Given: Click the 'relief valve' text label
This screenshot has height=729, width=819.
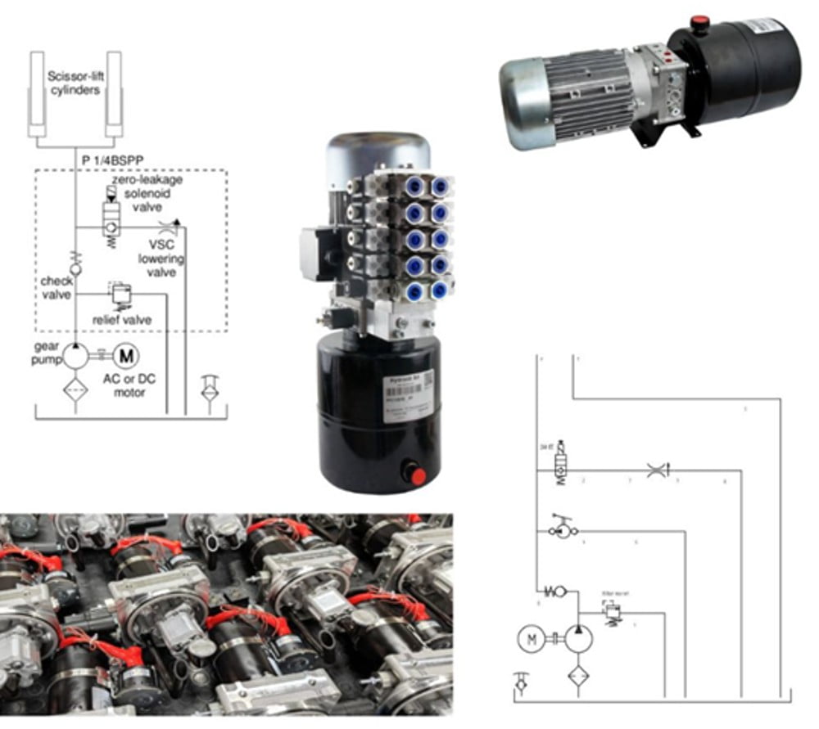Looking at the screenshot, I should (122, 320).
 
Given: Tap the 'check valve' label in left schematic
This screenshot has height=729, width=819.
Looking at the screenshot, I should (57, 288).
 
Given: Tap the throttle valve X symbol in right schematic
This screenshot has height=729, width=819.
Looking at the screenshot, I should (656, 470).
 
